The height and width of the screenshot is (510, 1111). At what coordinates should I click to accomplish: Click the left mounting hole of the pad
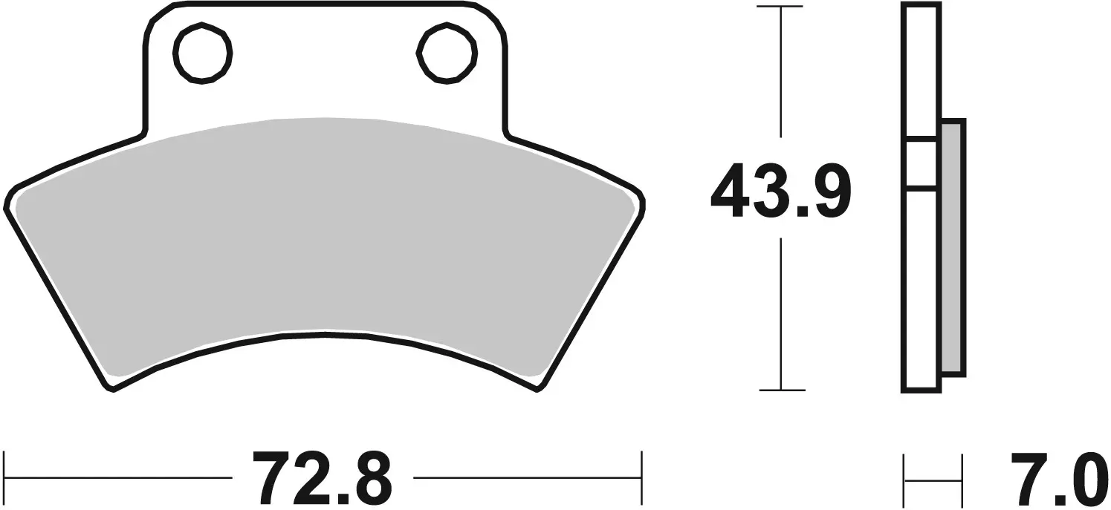(202, 53)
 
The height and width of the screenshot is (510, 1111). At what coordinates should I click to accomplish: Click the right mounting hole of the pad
(446, 53)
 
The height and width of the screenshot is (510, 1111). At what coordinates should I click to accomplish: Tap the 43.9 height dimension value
(780, 191)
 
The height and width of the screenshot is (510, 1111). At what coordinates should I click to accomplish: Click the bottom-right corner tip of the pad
(538, 387)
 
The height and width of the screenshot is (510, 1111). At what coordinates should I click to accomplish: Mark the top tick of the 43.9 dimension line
(780, 7)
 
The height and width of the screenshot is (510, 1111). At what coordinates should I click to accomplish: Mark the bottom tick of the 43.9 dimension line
(780, 390)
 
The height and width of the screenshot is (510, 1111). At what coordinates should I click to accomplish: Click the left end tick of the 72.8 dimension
(5, 476)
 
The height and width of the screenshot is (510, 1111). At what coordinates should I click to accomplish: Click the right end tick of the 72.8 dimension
(641, 476)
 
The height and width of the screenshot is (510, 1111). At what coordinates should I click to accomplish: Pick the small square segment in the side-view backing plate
(921, 163)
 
